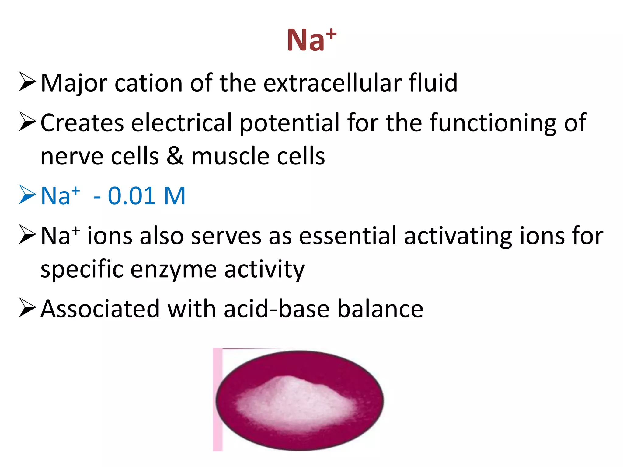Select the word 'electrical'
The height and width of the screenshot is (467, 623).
point(182,123)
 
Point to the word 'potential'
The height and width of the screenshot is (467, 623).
point(289,123)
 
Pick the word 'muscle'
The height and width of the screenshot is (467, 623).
point(231,156)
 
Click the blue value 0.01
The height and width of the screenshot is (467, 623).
point(132,196)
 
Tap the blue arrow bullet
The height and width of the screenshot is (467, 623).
point(27,195)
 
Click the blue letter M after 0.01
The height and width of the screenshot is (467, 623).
point(175,196)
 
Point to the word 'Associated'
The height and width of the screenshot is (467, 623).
point(100,309)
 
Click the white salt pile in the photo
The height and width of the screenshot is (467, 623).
point(295,401)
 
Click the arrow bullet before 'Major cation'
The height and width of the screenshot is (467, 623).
point(27,82)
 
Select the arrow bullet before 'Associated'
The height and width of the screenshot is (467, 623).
point(27,308)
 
